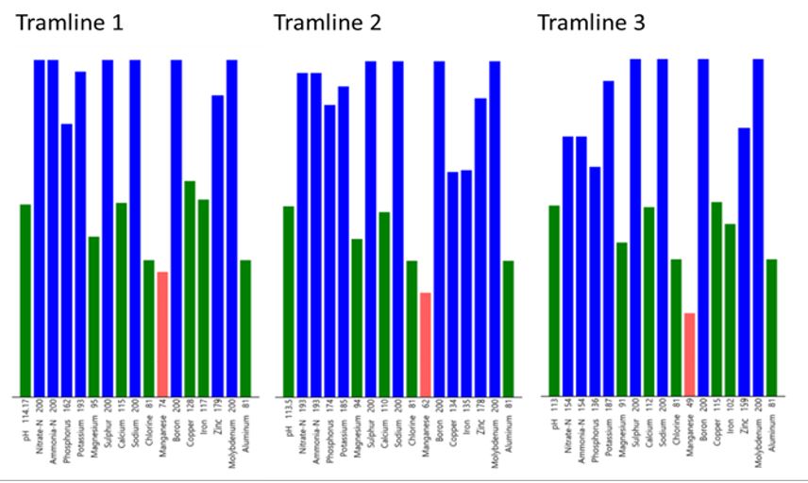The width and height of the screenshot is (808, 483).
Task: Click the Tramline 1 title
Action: [70, 22]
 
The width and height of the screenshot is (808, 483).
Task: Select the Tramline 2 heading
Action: [328, 22]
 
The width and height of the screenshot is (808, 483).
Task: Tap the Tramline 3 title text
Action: [592, 22]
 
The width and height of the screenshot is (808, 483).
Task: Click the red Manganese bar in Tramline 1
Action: [162, 334]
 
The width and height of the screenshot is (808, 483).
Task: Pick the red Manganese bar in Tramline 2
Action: [425, 344]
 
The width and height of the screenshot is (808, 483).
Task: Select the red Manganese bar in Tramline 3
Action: [689, 354]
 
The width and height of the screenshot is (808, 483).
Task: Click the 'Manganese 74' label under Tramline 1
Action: [162, 427]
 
